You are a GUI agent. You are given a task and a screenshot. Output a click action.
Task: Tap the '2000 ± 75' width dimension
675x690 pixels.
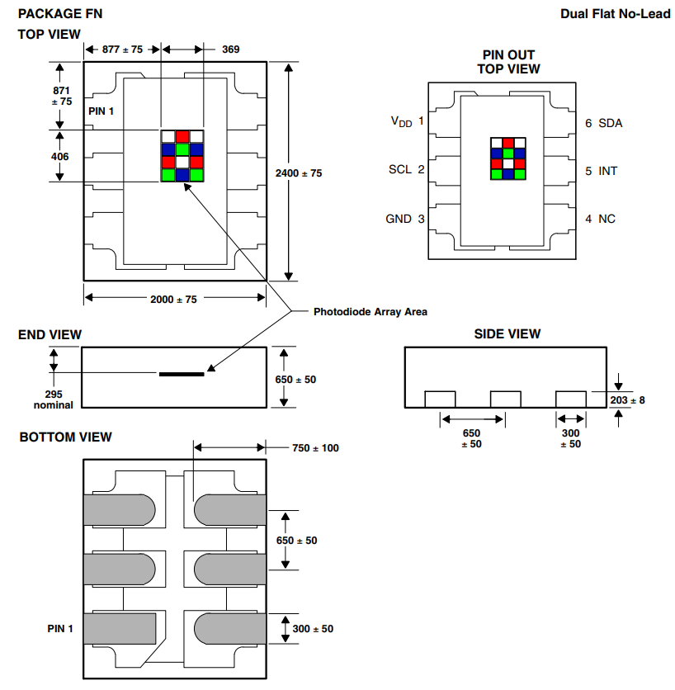coord(173,300)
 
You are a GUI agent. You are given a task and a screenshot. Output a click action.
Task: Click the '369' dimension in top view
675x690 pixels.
coord(231,50)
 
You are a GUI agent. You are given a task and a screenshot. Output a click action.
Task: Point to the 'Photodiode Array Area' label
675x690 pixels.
coord(371,312)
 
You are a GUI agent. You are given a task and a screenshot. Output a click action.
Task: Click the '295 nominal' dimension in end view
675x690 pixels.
coord(54,399)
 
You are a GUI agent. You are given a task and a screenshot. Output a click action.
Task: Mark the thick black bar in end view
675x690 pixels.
coord(181,374)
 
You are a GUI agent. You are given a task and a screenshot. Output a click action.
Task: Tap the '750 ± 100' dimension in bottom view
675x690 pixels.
coord(315,448)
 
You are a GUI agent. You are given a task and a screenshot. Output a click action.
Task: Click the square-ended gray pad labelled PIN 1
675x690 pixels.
coord(120,629)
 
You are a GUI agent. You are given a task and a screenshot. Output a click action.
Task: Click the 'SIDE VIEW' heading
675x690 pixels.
coord(507,333)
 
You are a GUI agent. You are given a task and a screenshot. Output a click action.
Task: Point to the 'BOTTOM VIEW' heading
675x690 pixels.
coord(66,437)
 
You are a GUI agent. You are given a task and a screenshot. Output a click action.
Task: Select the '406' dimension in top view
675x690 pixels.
coord(59,156)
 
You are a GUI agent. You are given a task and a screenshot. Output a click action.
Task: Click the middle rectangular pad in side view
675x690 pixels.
coord(506,399)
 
